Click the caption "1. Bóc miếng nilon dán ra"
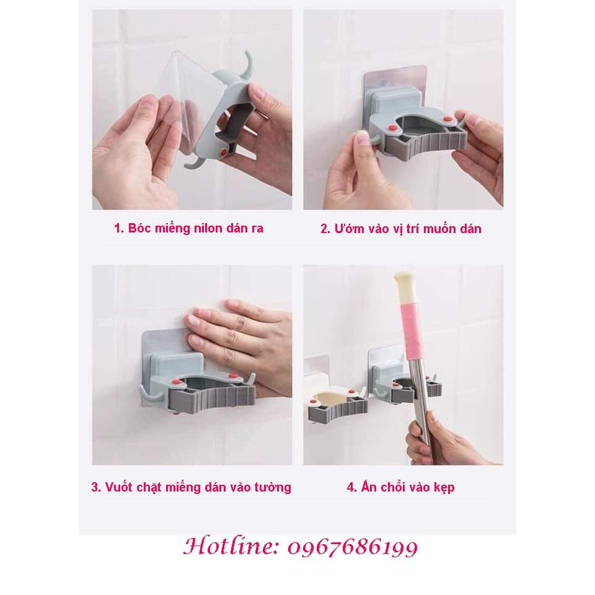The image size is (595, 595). [188, 228]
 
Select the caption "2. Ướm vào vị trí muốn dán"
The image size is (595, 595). [400, 229]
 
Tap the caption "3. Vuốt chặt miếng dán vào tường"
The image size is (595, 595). [191, 487]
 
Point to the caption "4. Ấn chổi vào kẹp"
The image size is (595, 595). [400, 487]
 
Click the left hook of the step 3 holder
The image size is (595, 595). [143, 393]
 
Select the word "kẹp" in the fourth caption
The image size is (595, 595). [444, 488]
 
